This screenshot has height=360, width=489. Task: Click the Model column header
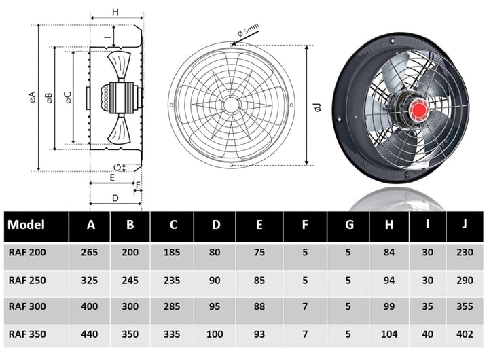(26, 226)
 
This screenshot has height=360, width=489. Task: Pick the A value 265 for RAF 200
(90, 253)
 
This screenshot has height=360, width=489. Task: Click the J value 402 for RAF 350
(464, 334)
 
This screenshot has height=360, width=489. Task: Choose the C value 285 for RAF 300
(173, 307)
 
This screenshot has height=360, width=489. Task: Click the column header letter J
(464, 225)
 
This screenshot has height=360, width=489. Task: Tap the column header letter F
(305, 225)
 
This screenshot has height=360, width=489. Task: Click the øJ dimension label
(317, 107)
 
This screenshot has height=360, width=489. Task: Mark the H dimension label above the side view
(115, 12)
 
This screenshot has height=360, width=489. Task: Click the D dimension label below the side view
(115, 198)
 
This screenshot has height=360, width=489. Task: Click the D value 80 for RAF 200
(215, 253)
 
